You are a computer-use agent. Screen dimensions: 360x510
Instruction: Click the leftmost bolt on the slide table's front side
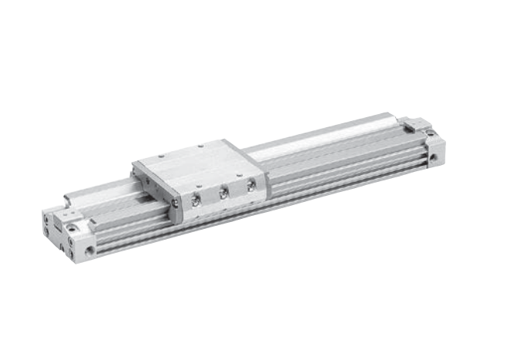point(196,200)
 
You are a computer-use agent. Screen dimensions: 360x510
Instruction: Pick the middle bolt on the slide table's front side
point(223,193)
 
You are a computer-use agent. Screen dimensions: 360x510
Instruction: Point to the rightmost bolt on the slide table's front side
point(251,186)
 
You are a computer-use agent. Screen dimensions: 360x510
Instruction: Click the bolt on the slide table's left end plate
point(175,203)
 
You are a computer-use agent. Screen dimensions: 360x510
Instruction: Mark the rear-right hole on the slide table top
point(201,146)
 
